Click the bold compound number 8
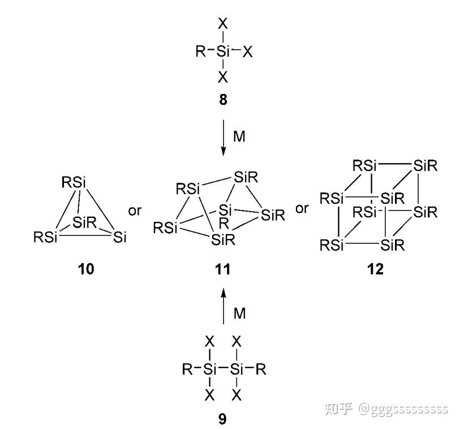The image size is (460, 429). coord(223,101)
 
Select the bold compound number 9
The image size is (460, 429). coord(223,420)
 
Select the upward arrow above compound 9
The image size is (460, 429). coord(223,306)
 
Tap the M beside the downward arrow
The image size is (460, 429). coord(239,136)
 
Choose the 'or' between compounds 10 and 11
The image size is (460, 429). coord(135,211)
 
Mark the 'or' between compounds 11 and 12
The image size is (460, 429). coord(303,208)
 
